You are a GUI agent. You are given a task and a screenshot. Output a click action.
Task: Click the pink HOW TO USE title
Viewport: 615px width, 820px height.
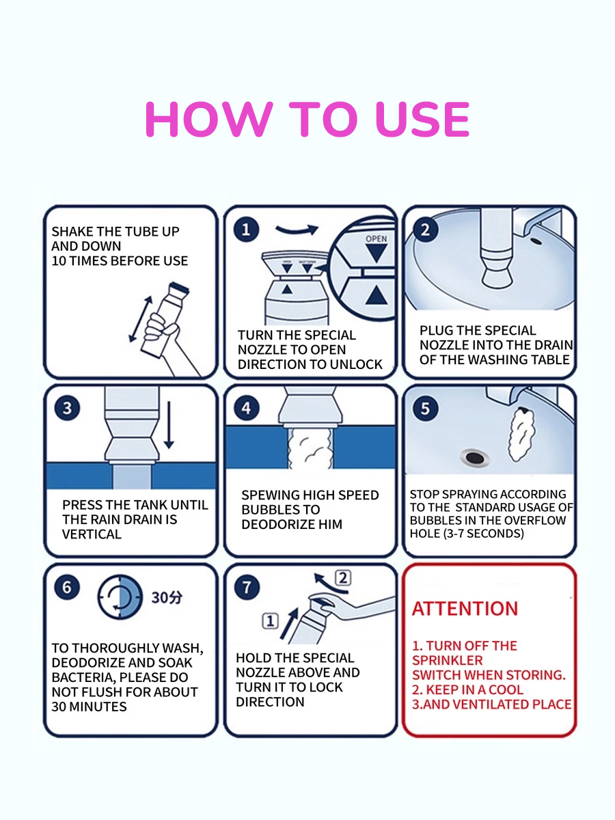[x=307, y=120]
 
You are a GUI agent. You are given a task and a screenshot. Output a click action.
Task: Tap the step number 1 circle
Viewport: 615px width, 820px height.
[x=246, y=230]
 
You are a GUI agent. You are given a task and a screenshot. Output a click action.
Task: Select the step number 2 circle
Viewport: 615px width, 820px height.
[x=425, y=230]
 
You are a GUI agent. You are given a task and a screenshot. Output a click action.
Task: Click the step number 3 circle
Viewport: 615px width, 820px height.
[x=67, y=409]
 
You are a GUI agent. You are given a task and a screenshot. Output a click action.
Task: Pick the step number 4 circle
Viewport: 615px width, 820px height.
[x=246, y=409]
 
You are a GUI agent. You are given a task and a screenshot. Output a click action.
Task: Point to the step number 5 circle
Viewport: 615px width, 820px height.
[x=425, y=409]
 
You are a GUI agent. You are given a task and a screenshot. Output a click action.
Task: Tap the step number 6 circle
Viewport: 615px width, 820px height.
[x=67, y=587]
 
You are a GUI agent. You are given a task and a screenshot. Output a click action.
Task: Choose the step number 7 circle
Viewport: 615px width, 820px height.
[x=246, y=587]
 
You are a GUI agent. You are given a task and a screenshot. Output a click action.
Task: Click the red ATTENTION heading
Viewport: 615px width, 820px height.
[x=465, y=609]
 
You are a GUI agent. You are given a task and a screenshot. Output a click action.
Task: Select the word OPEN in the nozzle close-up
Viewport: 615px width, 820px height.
[x=376, y=239]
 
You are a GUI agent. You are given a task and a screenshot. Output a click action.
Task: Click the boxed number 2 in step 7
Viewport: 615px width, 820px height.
[x=343, y=578]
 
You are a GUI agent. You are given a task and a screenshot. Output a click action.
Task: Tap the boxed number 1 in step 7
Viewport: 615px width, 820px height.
[x=271, y=621]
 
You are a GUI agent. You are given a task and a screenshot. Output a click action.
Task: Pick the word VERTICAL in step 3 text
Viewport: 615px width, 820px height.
[x=92, y=534]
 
